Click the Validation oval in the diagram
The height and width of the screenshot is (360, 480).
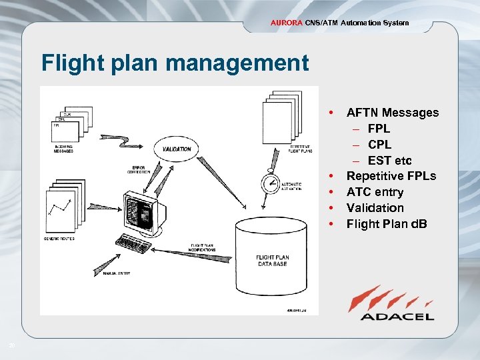coord(177,149)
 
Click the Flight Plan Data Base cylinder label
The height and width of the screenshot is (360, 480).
coord(272,261)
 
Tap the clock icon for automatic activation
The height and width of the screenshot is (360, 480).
coord(271,183)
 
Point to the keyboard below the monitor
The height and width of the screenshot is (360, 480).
coord(137,243)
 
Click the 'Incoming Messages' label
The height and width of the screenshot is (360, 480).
coord(64,149)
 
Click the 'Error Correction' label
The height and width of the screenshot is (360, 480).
coord(139,169)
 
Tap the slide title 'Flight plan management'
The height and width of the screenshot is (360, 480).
coord(175,63)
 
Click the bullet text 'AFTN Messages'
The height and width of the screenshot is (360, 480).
coord(392,113)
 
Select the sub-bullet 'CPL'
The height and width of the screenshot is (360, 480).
coord(379,145)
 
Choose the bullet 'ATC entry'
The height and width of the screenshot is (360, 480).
coord(375,192)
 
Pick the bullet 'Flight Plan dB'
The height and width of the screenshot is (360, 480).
coord(387,224)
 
